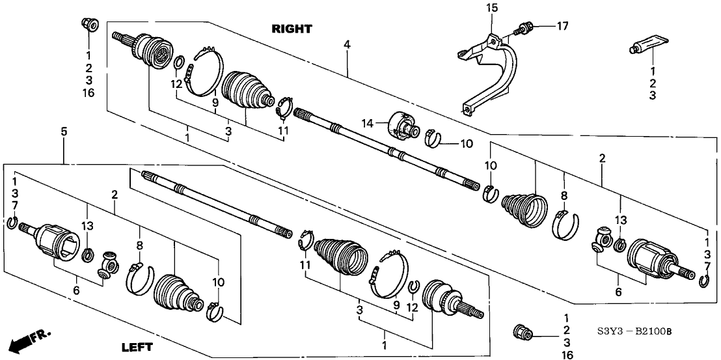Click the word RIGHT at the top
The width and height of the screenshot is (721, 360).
[292, 29]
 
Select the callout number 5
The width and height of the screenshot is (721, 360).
[64, 132]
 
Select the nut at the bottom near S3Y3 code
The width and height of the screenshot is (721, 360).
[522, 332]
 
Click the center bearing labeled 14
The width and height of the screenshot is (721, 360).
[403, 124]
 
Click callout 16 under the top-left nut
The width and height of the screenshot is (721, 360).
[88, 93]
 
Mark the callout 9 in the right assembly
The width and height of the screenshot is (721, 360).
[214, 102]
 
